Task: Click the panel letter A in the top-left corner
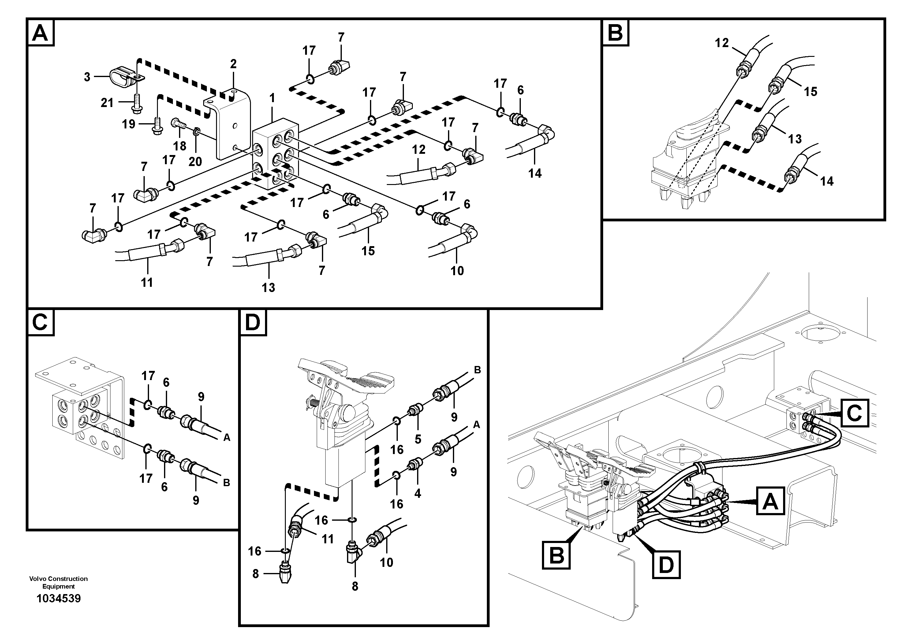(40, 33)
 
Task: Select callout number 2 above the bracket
(233, 64)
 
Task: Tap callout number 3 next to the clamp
(87, 77)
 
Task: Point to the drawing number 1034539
(58, 598)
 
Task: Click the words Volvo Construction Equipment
(58, 582)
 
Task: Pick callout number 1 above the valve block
(272, 98)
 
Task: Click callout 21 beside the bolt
(107, 103)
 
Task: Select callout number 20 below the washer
(195, 161)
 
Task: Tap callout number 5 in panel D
(417, 439)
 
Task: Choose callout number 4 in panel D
(417, 493)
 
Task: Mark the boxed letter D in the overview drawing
(666, 564)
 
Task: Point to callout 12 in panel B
(722, 42)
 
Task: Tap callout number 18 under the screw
(179, 146)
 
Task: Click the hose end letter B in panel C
(226, 483)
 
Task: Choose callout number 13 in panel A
(268, 287)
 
